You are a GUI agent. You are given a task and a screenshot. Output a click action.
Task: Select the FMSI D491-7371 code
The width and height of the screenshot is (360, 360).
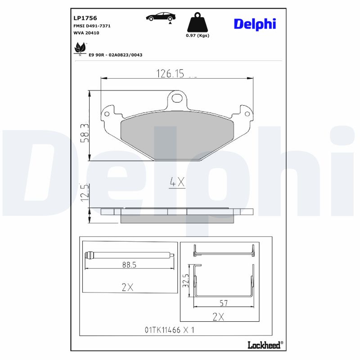92,26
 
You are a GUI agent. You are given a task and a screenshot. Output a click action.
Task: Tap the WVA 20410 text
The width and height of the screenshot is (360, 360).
86,33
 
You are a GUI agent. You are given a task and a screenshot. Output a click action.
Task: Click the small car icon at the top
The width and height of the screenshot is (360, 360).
161,17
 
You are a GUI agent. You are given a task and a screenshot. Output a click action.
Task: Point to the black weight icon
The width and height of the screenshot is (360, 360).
198,23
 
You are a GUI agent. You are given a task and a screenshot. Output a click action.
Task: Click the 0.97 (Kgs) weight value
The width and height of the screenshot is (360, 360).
198,36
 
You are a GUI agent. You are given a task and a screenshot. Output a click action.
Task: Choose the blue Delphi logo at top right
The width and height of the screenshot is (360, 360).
255,24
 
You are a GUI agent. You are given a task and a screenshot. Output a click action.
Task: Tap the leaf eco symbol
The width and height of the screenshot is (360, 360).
80,47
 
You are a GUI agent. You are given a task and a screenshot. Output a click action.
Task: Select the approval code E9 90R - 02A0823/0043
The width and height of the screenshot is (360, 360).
116,54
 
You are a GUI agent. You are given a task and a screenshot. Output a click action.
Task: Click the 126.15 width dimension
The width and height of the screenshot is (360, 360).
170,73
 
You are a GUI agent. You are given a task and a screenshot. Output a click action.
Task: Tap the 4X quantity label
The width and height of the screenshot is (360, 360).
177,182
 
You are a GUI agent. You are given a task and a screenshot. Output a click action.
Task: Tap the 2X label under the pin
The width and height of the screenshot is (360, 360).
128,288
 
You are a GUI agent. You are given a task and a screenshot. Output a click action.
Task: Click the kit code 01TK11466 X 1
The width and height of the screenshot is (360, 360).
170,330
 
